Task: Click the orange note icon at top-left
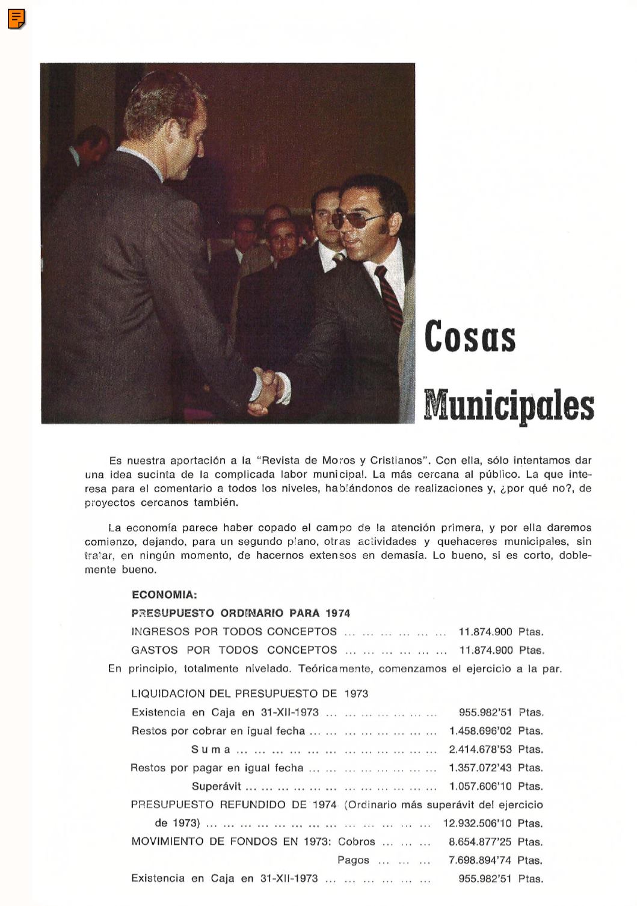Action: point(16,19)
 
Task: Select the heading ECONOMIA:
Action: point(164,595)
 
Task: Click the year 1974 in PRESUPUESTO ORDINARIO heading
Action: point(337,613)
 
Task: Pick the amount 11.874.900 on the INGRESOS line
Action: point(485,632)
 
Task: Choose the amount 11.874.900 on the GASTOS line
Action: point(485,650)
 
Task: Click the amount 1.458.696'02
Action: point(480,731)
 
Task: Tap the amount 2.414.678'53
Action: point(480,750)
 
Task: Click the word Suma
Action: point(211,750)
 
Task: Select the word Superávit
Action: point(216,786)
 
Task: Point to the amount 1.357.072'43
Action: point(480,768)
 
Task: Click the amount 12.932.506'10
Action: point(477,823)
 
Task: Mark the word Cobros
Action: point(356,842)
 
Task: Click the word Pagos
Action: point(353,860)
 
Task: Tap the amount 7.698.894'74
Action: point(480,860)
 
